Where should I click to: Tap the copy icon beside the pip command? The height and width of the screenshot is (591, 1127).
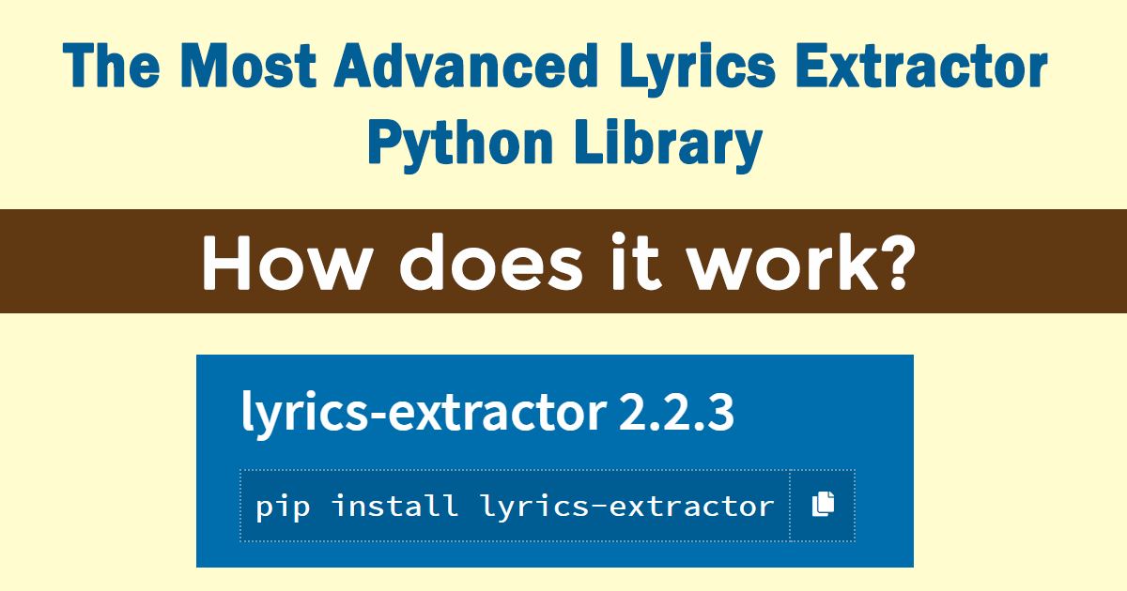coord(823,505)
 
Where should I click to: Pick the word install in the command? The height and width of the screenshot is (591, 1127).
coord(394,507)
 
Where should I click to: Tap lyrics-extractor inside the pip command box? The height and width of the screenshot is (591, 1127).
coord(626,507)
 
